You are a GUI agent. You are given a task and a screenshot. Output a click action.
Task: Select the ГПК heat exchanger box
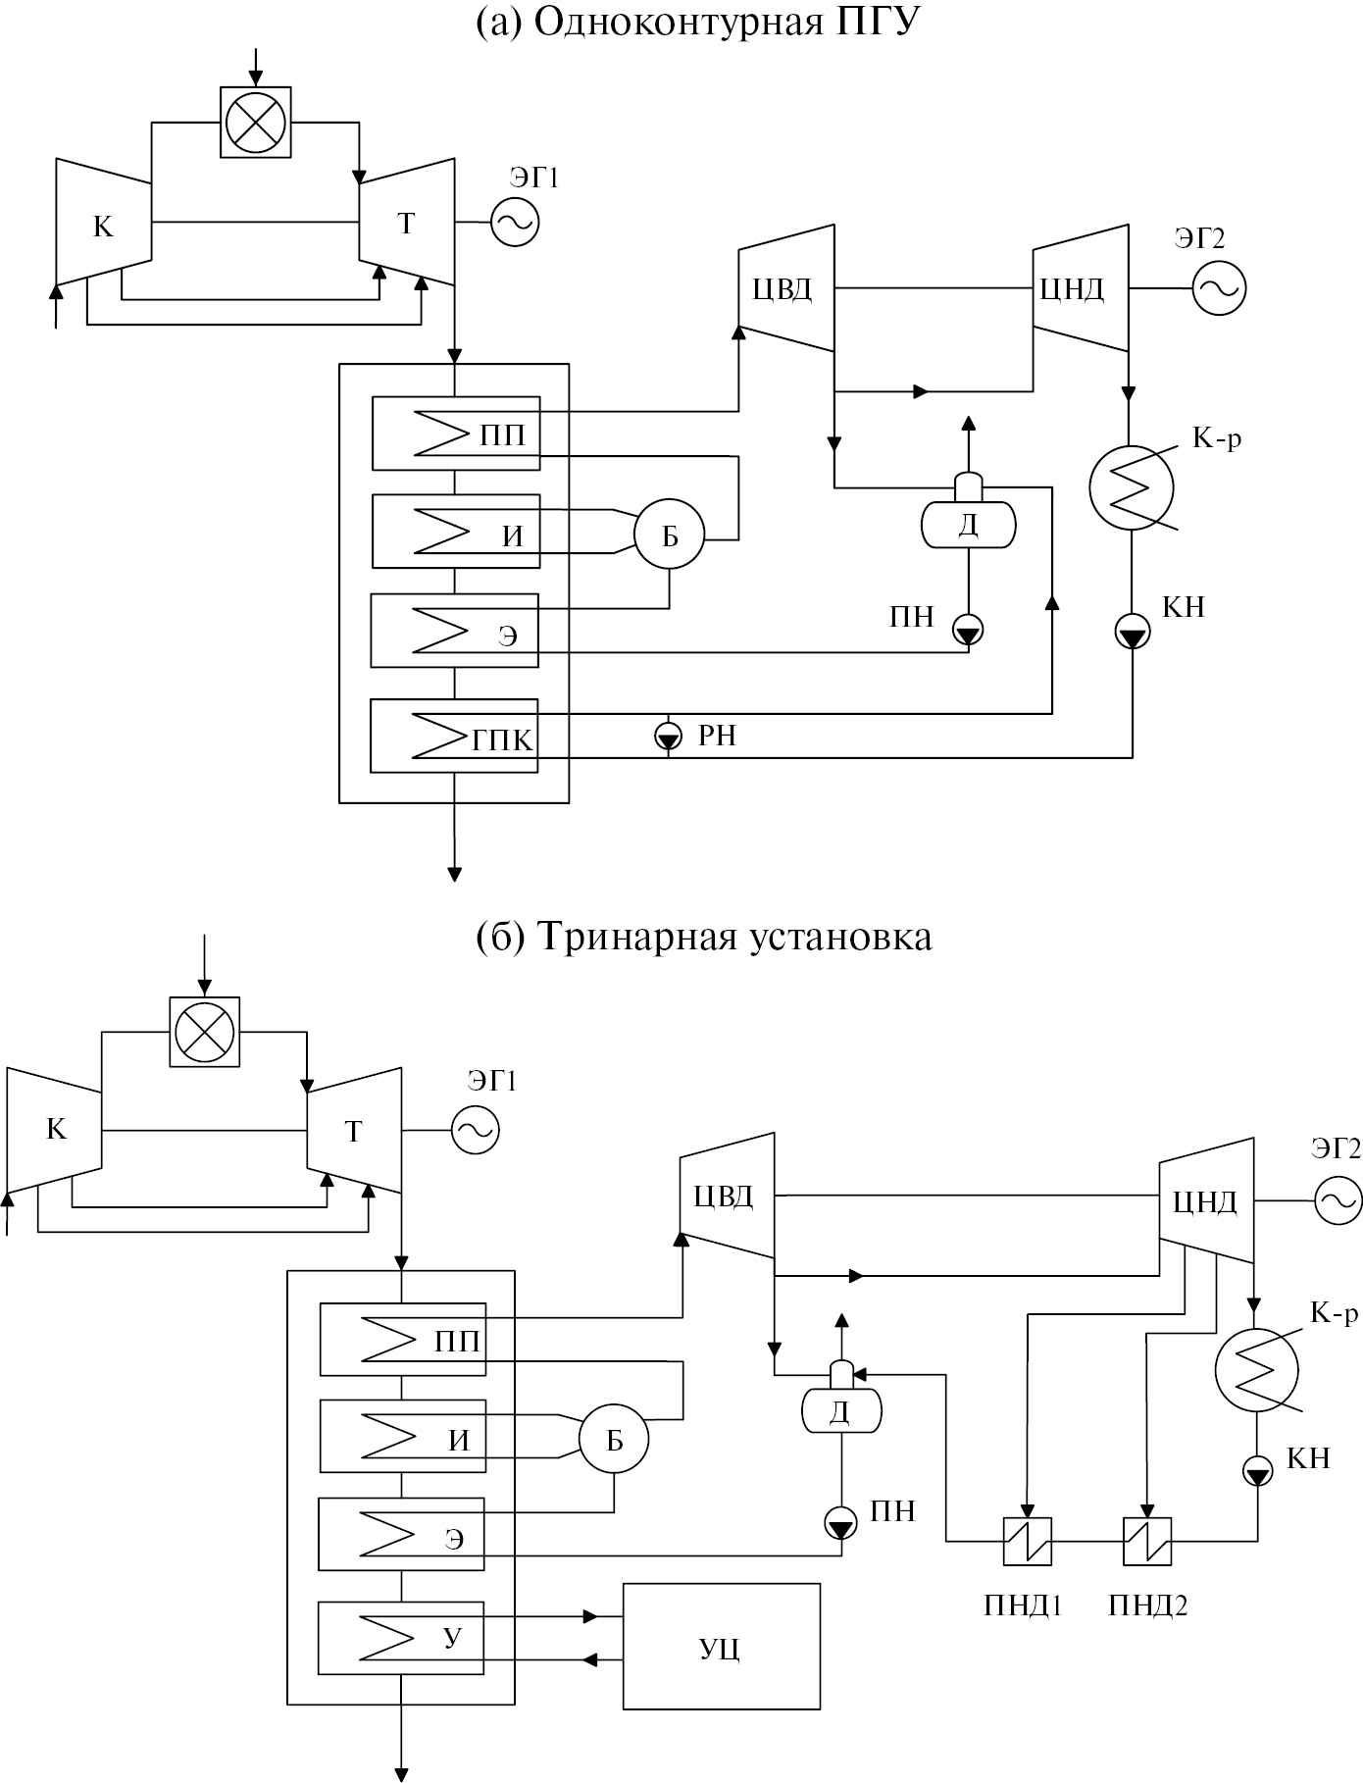454,736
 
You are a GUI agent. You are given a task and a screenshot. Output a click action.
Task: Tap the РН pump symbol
668,735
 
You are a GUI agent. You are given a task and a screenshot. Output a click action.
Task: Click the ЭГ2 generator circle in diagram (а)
1219,288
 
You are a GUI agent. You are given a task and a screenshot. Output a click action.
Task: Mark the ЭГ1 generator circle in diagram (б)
476,1131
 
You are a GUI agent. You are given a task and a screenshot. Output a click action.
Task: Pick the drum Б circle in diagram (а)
670,535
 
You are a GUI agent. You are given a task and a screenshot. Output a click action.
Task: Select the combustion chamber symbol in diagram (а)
255,122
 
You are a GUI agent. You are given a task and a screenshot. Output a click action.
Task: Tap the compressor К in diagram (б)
55,1130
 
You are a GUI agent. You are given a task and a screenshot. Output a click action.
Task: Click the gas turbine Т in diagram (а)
407,224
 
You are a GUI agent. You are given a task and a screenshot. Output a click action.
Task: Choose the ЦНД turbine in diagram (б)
1207,1201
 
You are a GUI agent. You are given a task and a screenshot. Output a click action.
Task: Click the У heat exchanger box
402,1637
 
